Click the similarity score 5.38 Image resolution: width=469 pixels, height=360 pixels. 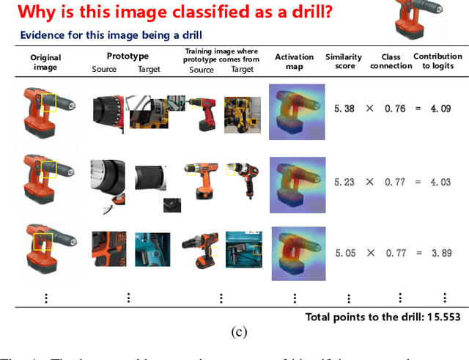[344, 108]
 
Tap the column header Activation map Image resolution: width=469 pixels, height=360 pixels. [294, 61]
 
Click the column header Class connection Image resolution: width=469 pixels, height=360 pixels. [396, 61]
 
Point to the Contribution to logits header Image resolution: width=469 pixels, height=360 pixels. [437, 61]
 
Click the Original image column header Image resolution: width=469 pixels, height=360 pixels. [45, 62]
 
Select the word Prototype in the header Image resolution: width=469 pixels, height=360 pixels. [128, 56]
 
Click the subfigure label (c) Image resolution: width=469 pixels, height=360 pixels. [239, 331]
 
